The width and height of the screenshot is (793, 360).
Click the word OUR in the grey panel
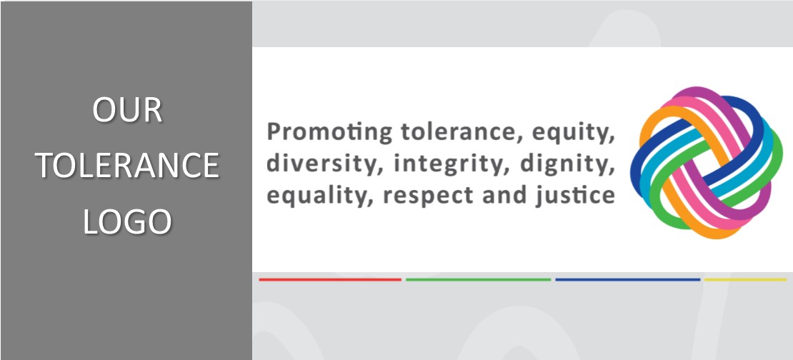pos(127,110)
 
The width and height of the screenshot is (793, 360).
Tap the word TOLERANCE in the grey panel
pos(127,165)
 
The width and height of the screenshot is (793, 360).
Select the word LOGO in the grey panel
pos(127,221)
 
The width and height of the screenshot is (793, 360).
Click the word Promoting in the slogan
pos(329,132)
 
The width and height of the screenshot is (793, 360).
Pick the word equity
pos(572,134)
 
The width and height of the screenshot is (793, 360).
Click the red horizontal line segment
pos(330,279)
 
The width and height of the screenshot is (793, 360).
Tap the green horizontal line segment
pos(478,279)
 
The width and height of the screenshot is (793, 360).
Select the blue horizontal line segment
pos(628,279)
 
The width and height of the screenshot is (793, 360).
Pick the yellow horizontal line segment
pos(745,279)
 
